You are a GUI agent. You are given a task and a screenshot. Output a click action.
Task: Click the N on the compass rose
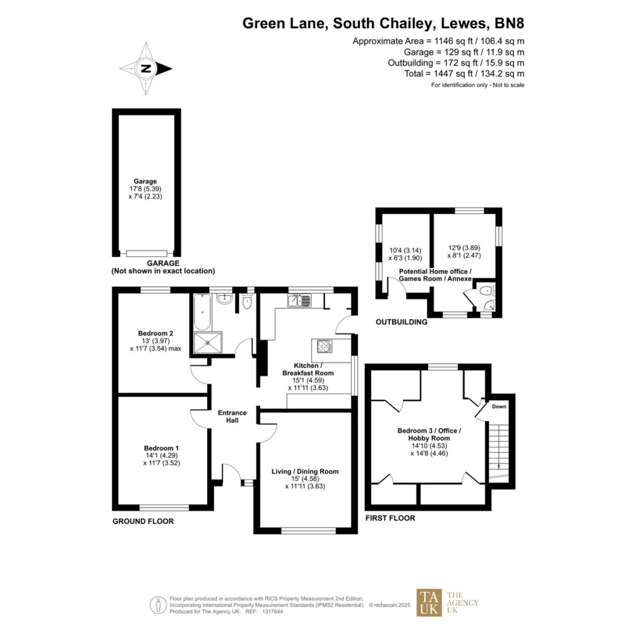pos(146,69)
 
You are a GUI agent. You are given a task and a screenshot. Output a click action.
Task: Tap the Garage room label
pos(145,181)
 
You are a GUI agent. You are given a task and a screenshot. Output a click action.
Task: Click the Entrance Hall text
pos(232,416)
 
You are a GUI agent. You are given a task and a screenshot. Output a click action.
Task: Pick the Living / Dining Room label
pos(305,472)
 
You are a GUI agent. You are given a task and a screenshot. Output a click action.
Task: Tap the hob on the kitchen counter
pos(324,346)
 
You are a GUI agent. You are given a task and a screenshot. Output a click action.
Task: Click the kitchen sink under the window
pos(299,301)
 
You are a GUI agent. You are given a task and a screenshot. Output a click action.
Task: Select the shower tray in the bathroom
pos(207,342)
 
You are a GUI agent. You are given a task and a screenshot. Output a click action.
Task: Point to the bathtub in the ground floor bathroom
pos(202,312)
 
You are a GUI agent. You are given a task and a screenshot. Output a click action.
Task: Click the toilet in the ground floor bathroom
pos(247,302)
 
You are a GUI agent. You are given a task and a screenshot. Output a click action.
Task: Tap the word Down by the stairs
pos(499,407)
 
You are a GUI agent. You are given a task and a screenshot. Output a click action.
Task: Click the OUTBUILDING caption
pos(401,322)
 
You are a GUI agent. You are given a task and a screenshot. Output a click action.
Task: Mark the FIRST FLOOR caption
pos(390,518)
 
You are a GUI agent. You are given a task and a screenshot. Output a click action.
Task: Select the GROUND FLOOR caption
pos(143,521)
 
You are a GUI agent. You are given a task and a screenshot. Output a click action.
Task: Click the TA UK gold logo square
pos(429,602)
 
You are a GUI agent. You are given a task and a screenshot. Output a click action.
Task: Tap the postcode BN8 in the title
pos(510,23)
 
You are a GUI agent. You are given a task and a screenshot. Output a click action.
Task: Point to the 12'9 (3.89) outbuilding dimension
pos(464,248)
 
